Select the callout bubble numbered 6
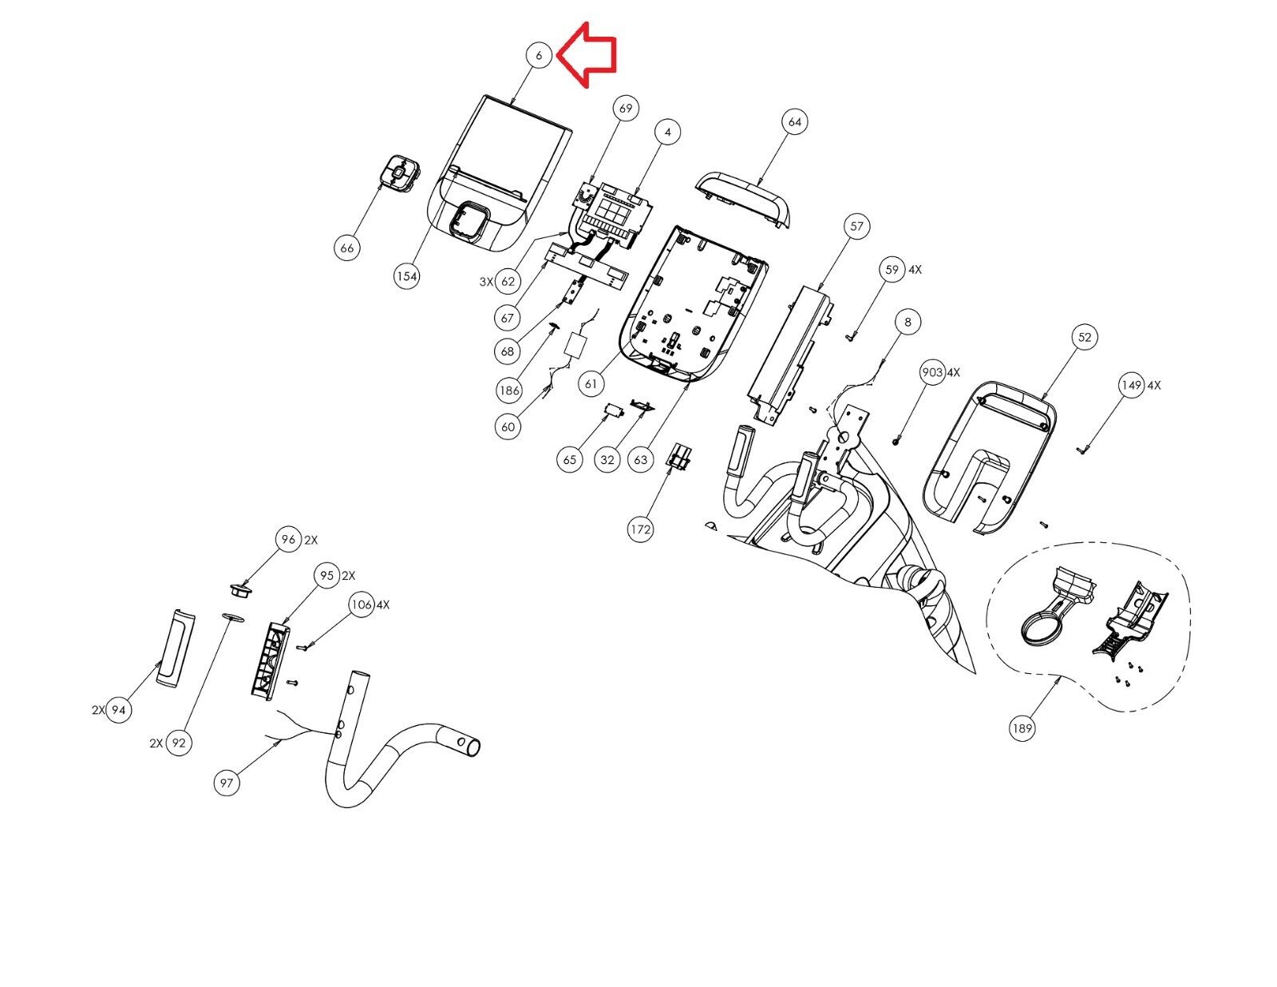pyautogui.click(x=539, y=56)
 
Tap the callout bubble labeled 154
pyautogui.click(x=407, y=275)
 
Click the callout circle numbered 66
pyautogui.click(x=346, y=248)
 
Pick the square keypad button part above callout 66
pyautogui.click(x=400, y=172)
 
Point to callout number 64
pyautogui.click(x=794, y=121)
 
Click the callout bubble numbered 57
pyautogui.click(x=857, y=226)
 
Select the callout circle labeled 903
pyautogui.click(x=932, y=372)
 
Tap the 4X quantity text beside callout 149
pyautogui.click(x=1153, y=386)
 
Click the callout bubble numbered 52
pyautogui.click(x=1084, y=338)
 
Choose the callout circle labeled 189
pyautogui.click(x=1022, y=728)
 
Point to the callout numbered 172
pyautogui.click(x=640, y=529)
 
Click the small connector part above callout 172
pyautogui.click(x=678, y=456)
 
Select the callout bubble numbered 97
pyautogui.click(x=226, y=783)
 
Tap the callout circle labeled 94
pyautogui.click(x=119, y=710)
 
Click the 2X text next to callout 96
pyautogui.click(x=310, y=541)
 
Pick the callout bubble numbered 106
pyautogui.click(x=362, y=604)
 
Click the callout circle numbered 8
pyautogui.click(x=908, y=322)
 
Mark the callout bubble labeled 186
pyautogui.click(x=509, y=390)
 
